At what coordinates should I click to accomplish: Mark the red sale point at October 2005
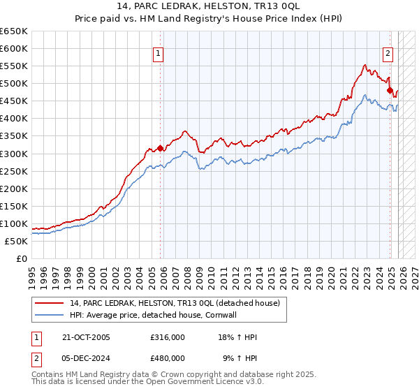coord(160,147)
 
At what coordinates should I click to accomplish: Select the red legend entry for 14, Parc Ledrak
coord(174,302)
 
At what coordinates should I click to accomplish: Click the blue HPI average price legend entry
coord(164,314)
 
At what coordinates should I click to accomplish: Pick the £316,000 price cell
coord(167,337)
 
